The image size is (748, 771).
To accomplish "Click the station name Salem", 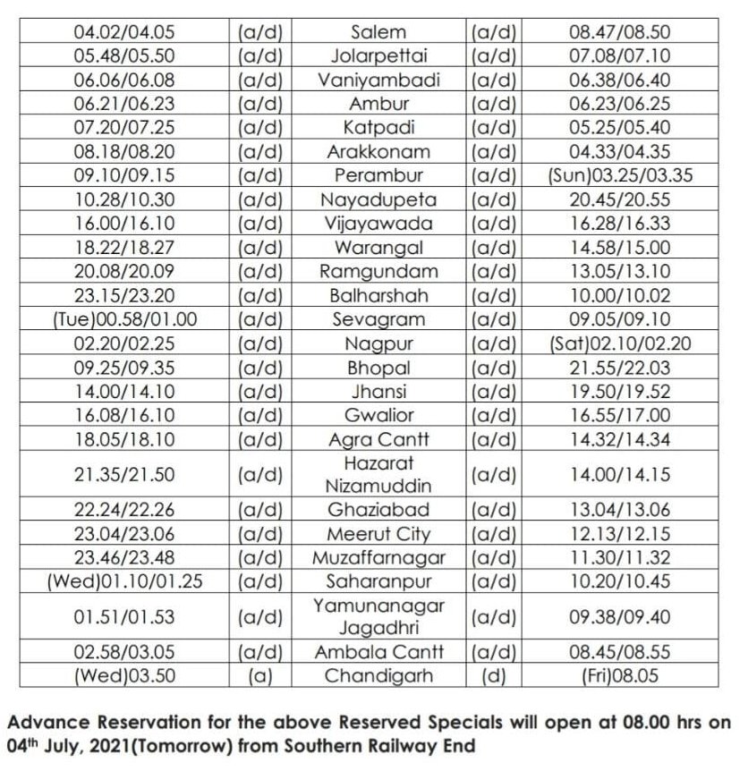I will tap(378, 32).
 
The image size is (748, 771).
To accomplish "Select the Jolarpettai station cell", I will tap(378, 55).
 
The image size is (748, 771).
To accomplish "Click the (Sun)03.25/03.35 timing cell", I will tap(619, 174).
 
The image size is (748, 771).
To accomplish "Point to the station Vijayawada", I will tap(378, 223).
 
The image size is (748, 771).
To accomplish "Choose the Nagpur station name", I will tap(378, 343).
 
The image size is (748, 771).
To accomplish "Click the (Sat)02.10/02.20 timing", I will tap(619, 343).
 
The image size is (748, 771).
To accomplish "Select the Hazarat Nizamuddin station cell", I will tap(378, 474).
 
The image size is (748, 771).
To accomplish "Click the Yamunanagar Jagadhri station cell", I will tap(378, 617).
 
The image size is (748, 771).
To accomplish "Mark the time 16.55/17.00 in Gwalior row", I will tap(619, 414).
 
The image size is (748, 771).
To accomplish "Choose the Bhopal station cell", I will tap(378, 367).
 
